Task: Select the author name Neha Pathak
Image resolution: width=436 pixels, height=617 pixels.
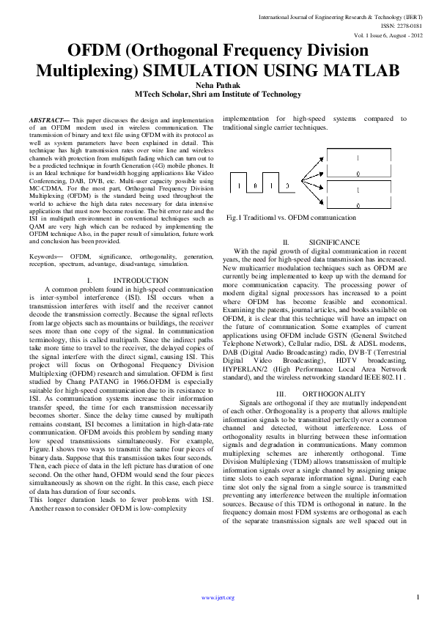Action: (x=218, y=85)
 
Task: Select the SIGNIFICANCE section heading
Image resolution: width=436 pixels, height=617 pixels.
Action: (x=334, y=242)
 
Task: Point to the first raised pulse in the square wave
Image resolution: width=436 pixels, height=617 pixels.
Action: (x=242, y=183)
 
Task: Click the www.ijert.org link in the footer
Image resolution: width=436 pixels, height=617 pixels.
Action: (x=218, y=598)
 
